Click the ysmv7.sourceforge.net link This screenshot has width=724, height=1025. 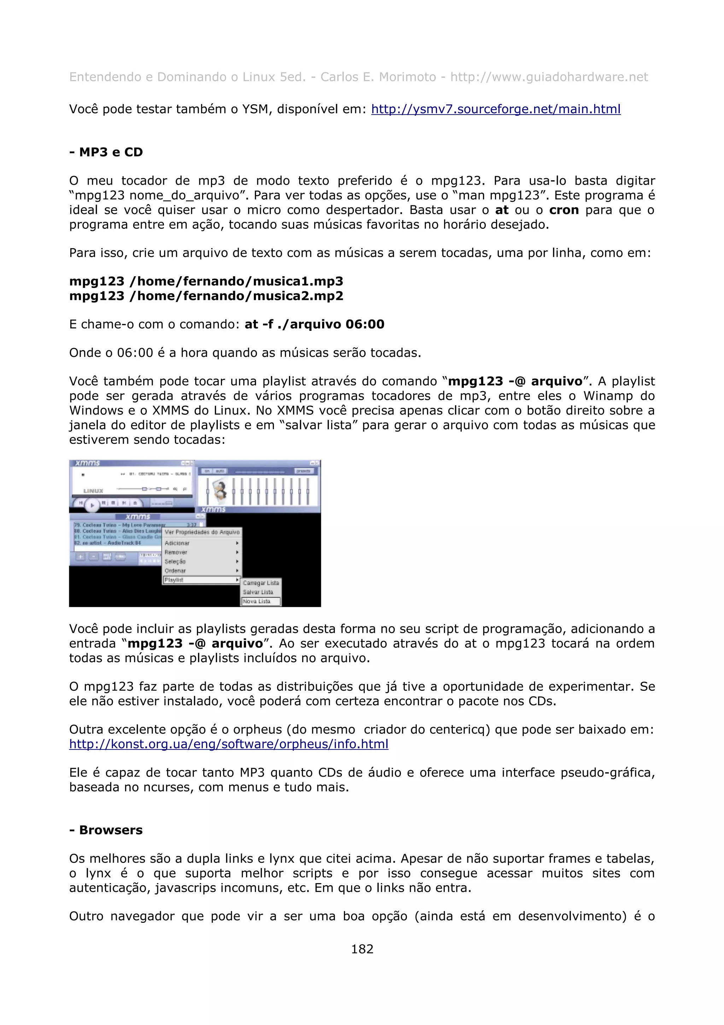pos(495,109)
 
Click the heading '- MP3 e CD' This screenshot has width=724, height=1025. pos(106,152)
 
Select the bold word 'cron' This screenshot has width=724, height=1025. pos(564,210)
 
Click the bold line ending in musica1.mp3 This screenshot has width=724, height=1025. pos(206,281)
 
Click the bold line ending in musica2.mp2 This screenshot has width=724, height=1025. pos(206,296)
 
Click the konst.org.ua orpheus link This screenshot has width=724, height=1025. pos(228,744)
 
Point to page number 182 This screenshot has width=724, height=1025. pos(362,949)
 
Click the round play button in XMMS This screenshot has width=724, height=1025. pos(92,505)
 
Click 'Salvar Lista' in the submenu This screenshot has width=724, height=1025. pos(258,592)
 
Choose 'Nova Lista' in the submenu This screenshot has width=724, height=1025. pos(257,601)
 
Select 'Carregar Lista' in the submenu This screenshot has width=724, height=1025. pos(261,583)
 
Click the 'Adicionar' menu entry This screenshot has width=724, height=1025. pos(177,543)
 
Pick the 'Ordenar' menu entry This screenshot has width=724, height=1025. pos(175,571)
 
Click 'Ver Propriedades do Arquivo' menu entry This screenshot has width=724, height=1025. pos(202,532)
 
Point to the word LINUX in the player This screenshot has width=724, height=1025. pos(93,491)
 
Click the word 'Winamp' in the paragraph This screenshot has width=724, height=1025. pos(605,396)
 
